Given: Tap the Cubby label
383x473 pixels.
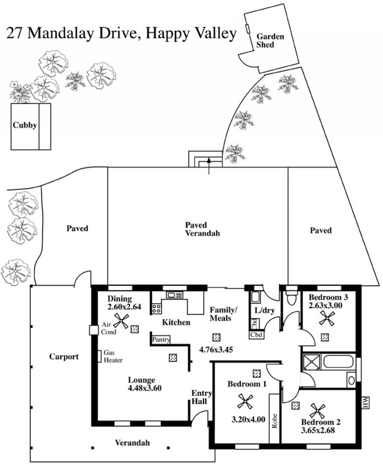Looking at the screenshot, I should point(25,126).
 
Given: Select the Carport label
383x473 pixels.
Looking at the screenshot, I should point(64,357).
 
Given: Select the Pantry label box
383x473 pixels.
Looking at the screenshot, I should point(160,339).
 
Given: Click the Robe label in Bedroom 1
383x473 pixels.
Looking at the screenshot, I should point(274,421).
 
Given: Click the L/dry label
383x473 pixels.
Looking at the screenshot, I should point(264,311).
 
